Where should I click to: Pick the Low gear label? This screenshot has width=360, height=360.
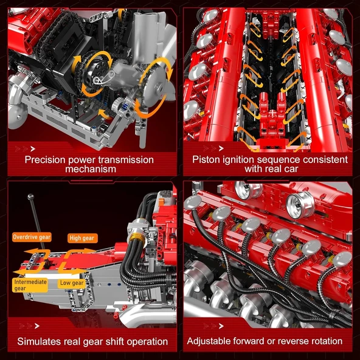72,283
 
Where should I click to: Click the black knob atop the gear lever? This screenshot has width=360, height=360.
30,196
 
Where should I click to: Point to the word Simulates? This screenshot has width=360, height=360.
41,341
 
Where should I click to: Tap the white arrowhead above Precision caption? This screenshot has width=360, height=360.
32,147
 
